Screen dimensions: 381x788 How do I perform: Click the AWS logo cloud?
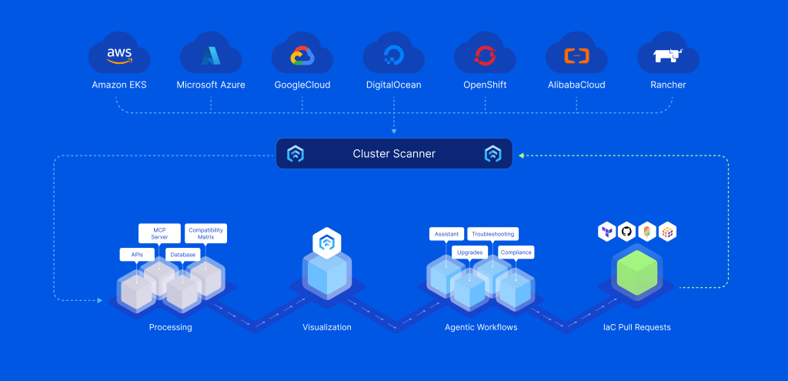pos(119,55)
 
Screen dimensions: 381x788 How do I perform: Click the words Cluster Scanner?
pos(394,154)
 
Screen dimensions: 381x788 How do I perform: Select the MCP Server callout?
pos(159,233)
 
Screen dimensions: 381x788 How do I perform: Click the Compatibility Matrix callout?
pos(206,233)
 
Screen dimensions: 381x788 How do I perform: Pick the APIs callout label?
pos(137,254)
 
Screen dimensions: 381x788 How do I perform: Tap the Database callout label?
pos(183,254)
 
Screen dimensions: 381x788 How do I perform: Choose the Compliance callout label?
pos(516,252)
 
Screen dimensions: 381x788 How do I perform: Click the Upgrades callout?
pos(469,252)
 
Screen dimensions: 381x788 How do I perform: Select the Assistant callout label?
pos(446,233)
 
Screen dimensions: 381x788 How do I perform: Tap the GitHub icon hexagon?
pos(626,231)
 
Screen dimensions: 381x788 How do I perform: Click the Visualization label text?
pos(326,327)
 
